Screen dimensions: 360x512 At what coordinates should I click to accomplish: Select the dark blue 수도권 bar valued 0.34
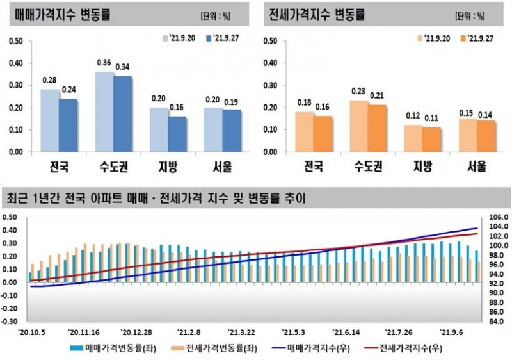coord(123,114)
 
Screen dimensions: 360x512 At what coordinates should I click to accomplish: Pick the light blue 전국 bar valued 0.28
coord(50,121)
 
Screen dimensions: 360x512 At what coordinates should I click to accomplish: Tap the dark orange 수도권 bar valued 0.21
coord(378,128)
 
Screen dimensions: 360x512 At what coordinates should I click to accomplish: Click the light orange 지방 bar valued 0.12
coord(413,138)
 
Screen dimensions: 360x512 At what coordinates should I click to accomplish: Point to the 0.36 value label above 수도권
coord(104,63)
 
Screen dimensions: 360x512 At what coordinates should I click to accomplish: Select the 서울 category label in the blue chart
coord(223,167)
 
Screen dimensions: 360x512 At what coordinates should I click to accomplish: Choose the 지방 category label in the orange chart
coord(422,167)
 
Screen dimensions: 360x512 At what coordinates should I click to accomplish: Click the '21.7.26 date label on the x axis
coord(399,332)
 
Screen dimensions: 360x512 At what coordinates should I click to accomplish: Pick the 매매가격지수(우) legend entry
coord(312,350)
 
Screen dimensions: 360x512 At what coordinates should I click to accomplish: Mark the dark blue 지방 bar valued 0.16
coord(177,134)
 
